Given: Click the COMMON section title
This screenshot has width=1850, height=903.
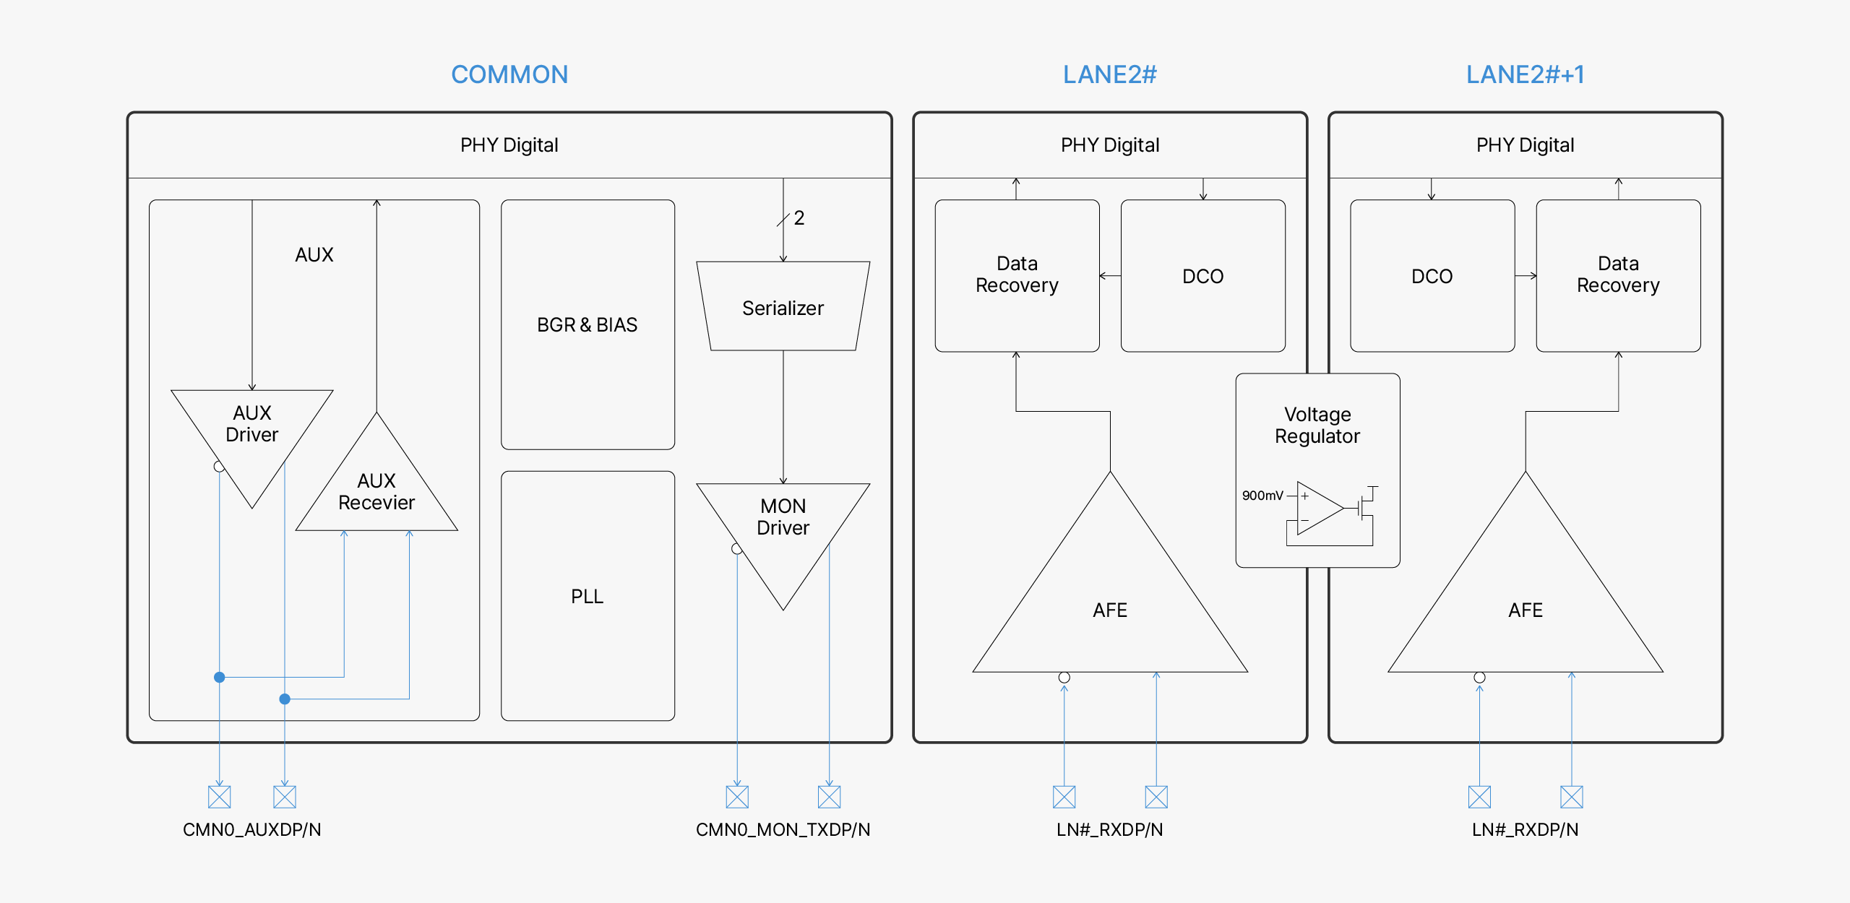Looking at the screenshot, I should tap(509, 74).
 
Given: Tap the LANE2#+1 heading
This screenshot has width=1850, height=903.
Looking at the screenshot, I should tap(1525, 74).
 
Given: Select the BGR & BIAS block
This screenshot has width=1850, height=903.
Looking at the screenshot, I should tap(588, 325).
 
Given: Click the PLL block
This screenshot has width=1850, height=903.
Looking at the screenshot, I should tap(588, 596).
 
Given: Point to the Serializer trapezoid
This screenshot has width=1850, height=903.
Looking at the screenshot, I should tap(783, 308).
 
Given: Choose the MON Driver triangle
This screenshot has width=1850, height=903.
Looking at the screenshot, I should tap(783, 527).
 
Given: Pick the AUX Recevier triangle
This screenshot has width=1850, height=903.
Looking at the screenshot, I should tap(377, 491).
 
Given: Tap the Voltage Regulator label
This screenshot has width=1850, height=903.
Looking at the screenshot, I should tap(1317, 425).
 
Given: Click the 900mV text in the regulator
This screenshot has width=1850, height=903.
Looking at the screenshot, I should tap(1262, 496).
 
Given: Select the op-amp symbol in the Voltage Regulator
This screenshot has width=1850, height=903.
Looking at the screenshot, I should tap(1318, 509).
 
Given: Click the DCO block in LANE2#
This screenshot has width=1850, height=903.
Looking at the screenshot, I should tap(1202, 276).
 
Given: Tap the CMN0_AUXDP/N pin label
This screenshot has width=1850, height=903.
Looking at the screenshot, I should tap(251, 829).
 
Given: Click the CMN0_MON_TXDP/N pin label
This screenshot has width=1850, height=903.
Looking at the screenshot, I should tap(783, 829).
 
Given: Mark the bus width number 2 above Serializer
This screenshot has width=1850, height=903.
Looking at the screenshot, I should tap(799, 218).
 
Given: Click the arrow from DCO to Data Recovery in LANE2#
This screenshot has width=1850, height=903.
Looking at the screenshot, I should tap(1110, 276).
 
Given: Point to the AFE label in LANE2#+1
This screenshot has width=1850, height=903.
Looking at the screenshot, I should tap(1525, 610).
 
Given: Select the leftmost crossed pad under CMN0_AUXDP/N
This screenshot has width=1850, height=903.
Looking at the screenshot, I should tap(219, 797).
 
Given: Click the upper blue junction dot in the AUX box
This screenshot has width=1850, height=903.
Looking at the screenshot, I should tap(219, 677).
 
